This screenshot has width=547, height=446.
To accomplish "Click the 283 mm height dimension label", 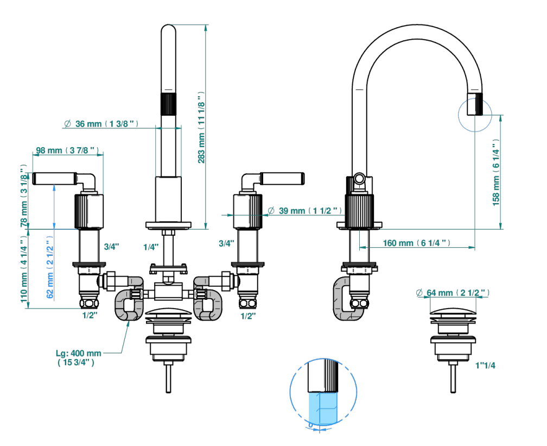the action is pyautogui.click(x=201, y=128).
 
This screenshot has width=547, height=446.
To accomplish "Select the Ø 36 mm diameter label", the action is pyautogui.click(x=101, y=124).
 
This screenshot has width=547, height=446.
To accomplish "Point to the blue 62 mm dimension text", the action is pyautogui.click(x=50, y=267).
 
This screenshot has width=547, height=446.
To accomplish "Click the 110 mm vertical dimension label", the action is pyautogui.click(x=24, y=269).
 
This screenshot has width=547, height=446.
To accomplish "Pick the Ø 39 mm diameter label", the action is pyautogui.click(x=304, y=211).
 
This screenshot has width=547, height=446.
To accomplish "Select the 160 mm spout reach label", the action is pyautogui.click(x=417, y=243).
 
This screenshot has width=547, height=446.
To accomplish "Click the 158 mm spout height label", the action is pyautogui.click(x=496, y=173).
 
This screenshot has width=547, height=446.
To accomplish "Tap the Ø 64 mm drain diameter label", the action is pyautogui.click(x=453, y=293).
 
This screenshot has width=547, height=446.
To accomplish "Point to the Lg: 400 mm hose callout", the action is pyautogui.click(x=79, y=357).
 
